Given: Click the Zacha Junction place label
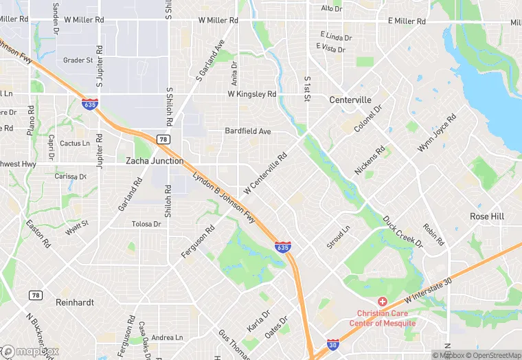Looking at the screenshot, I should tap(155, 161).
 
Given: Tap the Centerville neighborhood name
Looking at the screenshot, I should tap(350, 100).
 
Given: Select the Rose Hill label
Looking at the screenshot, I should tap(487, 216).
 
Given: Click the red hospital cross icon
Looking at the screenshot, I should tap(383, 302).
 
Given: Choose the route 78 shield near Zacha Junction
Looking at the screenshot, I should tap(163, 139).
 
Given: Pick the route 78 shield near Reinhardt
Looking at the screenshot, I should tap(35, 295).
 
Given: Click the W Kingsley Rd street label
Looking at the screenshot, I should tap(252, 93).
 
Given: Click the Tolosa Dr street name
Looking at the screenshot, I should tap(146, 224).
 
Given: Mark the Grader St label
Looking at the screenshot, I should tap(78, 60).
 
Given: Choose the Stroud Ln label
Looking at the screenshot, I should tap(338, 237).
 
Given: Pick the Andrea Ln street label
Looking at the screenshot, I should tap(167, 337).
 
